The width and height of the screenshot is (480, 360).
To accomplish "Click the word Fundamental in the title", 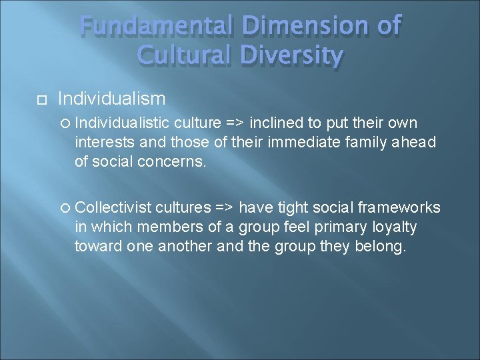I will click(154, 26).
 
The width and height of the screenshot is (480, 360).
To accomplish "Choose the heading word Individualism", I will click(112, 99).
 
